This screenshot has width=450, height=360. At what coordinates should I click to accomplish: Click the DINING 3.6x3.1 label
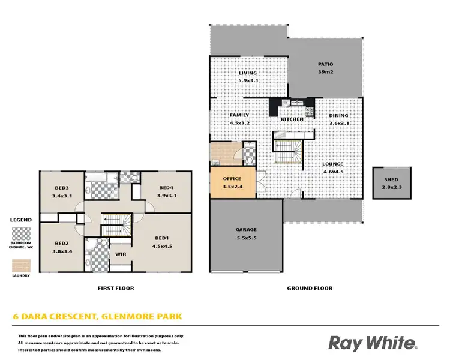tap(338, 119)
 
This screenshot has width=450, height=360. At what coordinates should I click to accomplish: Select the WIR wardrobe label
tap(120, 254)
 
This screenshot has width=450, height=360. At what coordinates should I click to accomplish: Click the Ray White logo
tap(373, 343)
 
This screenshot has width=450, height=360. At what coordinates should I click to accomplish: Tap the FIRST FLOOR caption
tap(116, 288)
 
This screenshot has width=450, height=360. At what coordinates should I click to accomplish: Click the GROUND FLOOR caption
tap(309, 288)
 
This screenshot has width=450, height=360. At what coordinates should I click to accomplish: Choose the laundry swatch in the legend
tap(22, 265)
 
